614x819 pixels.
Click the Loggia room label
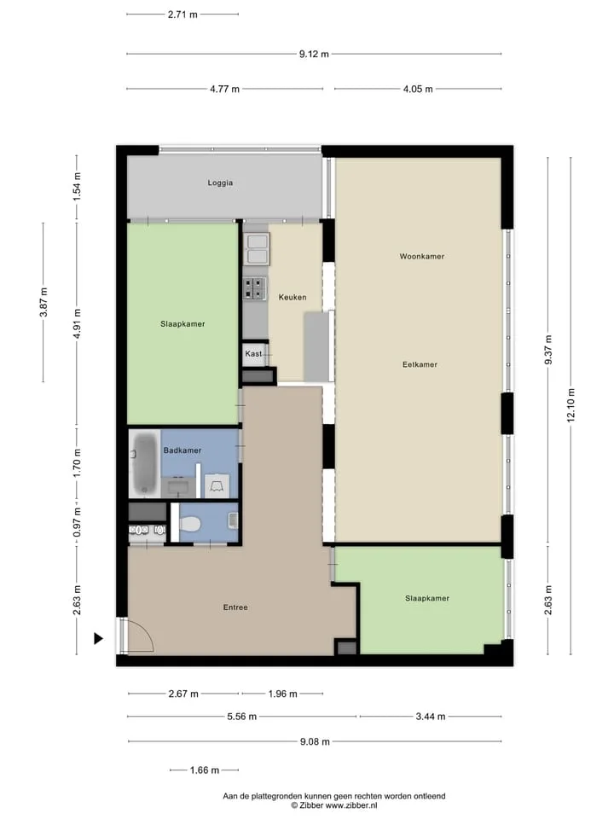pos(220,183)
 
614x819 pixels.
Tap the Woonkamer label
pos(422,257)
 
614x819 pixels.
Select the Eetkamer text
pos(420,364)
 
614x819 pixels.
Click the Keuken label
pos(293,297)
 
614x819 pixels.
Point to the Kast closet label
pos(254,353)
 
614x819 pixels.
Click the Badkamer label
pos(182,450)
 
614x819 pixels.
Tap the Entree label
pos(235,607)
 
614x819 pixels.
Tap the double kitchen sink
pos(257,249)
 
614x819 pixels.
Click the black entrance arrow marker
pos(98,638)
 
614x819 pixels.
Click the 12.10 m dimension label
pos(571,405)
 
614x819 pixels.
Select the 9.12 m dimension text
pos(314,54)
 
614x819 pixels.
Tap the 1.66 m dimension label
pos(204,770)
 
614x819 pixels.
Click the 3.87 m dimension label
pos(43,302)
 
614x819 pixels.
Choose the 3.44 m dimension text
pos(430,717)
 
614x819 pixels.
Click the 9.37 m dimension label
pos(548,350)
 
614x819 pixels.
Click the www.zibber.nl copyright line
pos(334,805)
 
